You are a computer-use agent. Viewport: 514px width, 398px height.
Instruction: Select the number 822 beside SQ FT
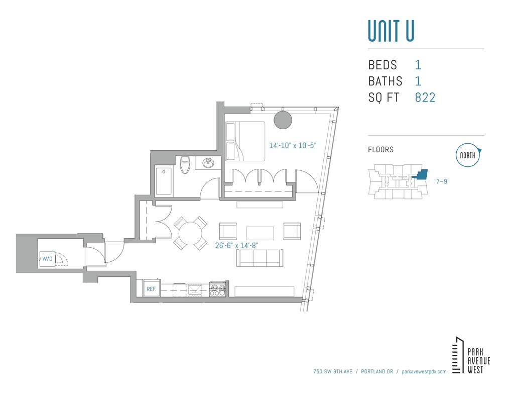pyautogui.click(x=425, y=97)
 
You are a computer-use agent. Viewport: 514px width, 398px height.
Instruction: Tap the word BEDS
pyautogui.click(x=382, y=65)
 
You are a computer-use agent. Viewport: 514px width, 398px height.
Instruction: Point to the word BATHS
pyautogui.click(x=385, y=81)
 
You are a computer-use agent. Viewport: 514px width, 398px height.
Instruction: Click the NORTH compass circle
pyautogui.click(x=468, y=156)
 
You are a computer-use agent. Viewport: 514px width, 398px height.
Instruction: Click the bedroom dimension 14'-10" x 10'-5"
pyautogui.click(x=293, y=146)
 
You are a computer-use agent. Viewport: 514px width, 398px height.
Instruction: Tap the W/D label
pyautogui.click(x=47, y=259)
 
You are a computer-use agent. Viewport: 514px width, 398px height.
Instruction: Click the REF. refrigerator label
pyautogui.click(x=151, y=289)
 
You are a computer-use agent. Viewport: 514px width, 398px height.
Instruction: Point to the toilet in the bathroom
pyautogui.click(x=184, y=165)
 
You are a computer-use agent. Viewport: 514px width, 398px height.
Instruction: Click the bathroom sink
pyautogui.click(x=208, y=163)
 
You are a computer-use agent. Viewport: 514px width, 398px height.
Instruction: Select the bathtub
pyautogui.click(x=164, y=181)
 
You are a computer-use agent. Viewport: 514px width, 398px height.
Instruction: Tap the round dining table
pyautogui.click(x=191, y=233)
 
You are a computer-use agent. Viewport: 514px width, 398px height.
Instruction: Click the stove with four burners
pyautogui.click(x=217, y=289)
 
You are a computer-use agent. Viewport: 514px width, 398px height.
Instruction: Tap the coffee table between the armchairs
pyautogui.click(x=260, y=233)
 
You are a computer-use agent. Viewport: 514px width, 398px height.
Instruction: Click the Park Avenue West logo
pyautogui.click(x=471, y=355)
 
